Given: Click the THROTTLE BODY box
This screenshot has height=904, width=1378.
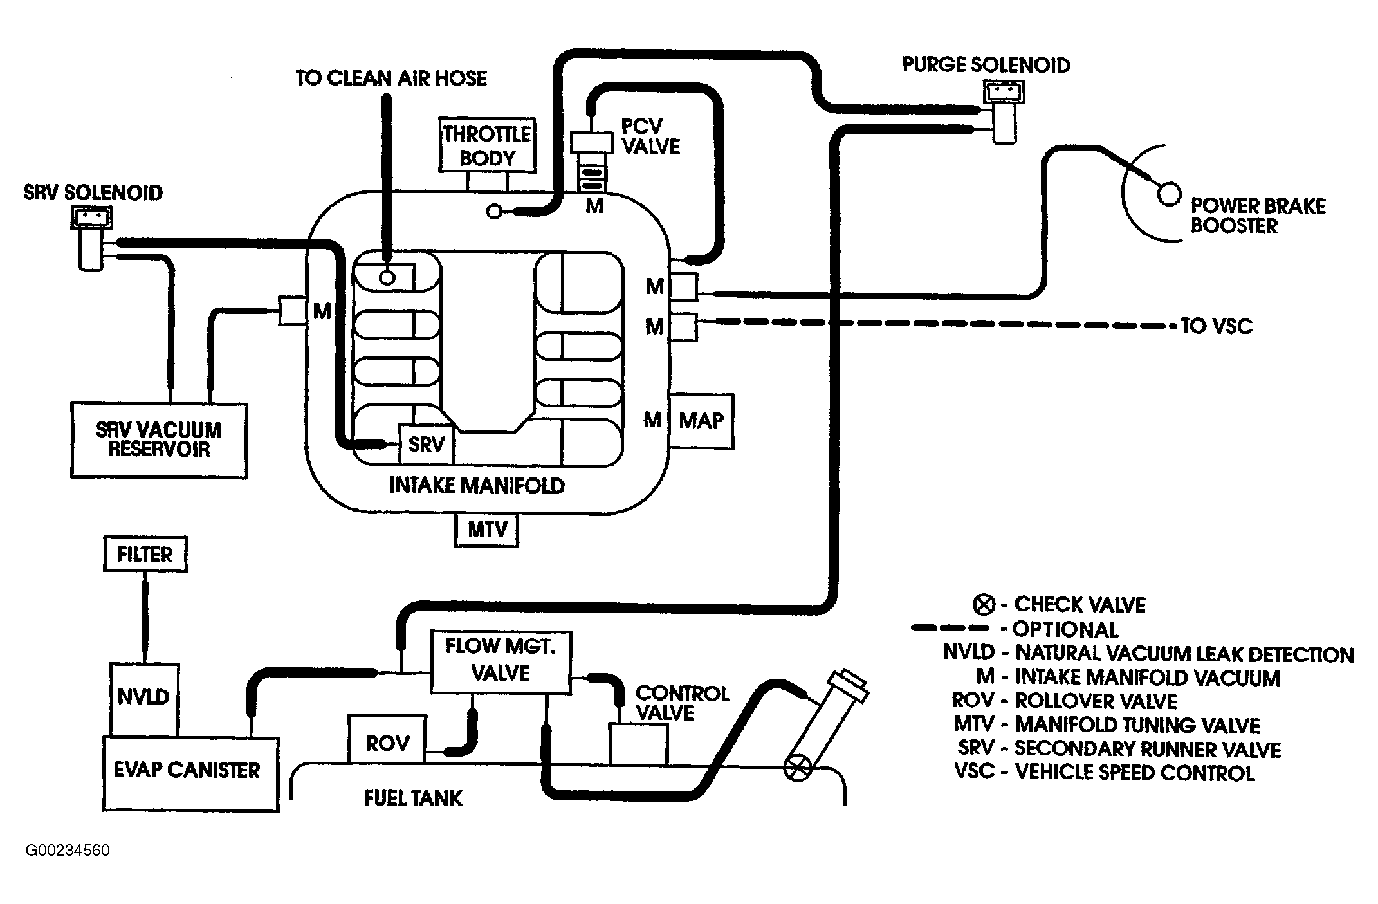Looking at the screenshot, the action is pyautogui.click(x=488, y=145).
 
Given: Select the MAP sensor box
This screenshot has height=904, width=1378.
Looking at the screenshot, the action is pyautogui.click(x=701, y=421).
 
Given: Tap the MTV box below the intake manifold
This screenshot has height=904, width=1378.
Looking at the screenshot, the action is pyautogui.click(x=487, y=530).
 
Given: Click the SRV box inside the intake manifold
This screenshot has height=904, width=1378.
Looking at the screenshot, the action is pyautogui.click(x=427, y=444).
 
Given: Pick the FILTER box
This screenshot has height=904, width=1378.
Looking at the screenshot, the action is pyautogui.click(x=145, y=554).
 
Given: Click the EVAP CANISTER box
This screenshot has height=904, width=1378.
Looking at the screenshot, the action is pyautogui.click(x=190, y=773).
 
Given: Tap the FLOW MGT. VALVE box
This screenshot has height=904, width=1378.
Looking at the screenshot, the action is pyautogui.click(x=500, y=662).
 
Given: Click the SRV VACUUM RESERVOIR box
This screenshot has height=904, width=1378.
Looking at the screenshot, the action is pyautogui.click(x=158, y=440).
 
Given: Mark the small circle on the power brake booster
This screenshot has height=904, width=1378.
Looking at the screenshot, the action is pyautogui.click(x=1169, y=194).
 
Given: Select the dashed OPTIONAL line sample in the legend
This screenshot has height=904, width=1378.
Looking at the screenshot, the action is pyautogui.click(x=950, y=627).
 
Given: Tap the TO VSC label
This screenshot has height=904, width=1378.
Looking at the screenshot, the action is pyautogui.click(x=1217, y=326).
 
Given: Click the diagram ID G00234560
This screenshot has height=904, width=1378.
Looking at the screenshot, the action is pyautogui.click(x=68, y=851).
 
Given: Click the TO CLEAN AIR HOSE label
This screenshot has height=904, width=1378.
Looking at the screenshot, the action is pyautogui.click(x=391, y=78).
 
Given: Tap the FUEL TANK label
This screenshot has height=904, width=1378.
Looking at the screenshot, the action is pyautogui.click(x=413, y=798).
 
